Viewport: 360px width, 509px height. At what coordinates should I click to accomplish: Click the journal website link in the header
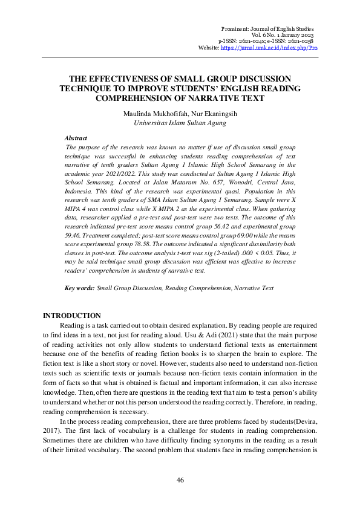tap(269, 47)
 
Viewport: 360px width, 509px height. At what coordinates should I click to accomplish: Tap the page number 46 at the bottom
tap(180, 480)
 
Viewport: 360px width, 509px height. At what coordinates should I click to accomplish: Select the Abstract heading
tap(76, 138)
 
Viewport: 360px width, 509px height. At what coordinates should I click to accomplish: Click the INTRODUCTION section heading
tap(73, 316)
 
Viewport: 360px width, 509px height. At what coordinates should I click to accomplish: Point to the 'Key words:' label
tap(79, 288)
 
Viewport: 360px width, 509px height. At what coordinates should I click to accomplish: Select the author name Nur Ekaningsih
tap(204, 112)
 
